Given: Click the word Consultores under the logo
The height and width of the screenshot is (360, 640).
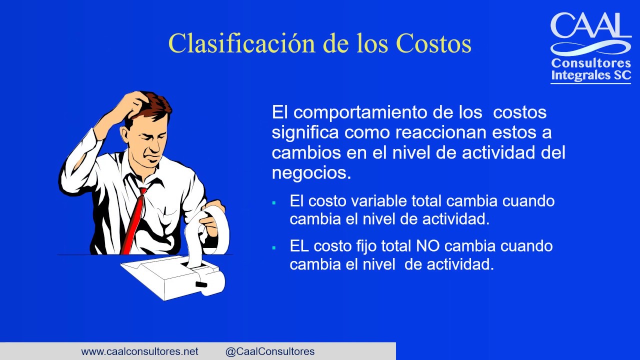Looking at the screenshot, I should (x=591, y=63).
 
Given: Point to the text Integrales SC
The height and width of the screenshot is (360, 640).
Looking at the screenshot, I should (x=591, y=75).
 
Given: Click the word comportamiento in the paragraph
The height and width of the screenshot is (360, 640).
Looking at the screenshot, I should (x=360, y=112).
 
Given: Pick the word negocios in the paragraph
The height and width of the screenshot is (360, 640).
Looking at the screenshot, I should (x=310, y=172).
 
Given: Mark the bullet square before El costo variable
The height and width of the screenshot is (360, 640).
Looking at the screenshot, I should (x=274, y=202).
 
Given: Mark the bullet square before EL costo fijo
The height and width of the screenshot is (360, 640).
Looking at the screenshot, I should (x=274, y=247).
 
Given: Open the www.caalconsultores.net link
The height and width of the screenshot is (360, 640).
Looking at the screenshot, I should (x=139, y=351).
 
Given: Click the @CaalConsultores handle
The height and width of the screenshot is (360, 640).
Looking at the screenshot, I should (x=270, y=351).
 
